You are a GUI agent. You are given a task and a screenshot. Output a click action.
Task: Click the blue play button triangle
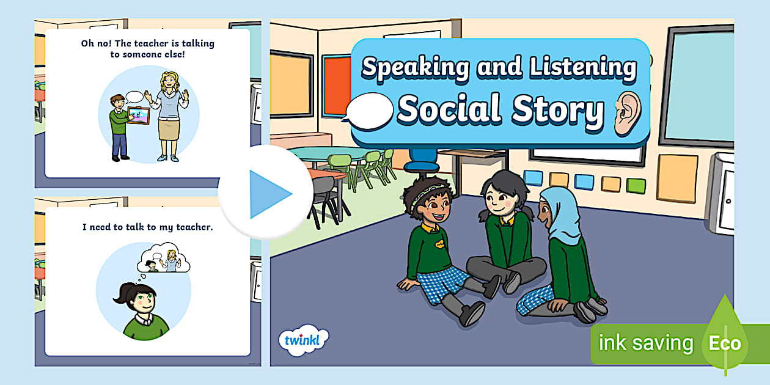coord(269,194)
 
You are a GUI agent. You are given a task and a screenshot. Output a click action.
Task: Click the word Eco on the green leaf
coord(725,343)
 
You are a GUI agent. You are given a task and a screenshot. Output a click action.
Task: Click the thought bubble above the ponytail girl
coord(164,258)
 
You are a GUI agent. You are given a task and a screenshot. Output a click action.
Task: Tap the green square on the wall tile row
coord(636,185)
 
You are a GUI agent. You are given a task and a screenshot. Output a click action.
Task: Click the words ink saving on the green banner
coord(646,343)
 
